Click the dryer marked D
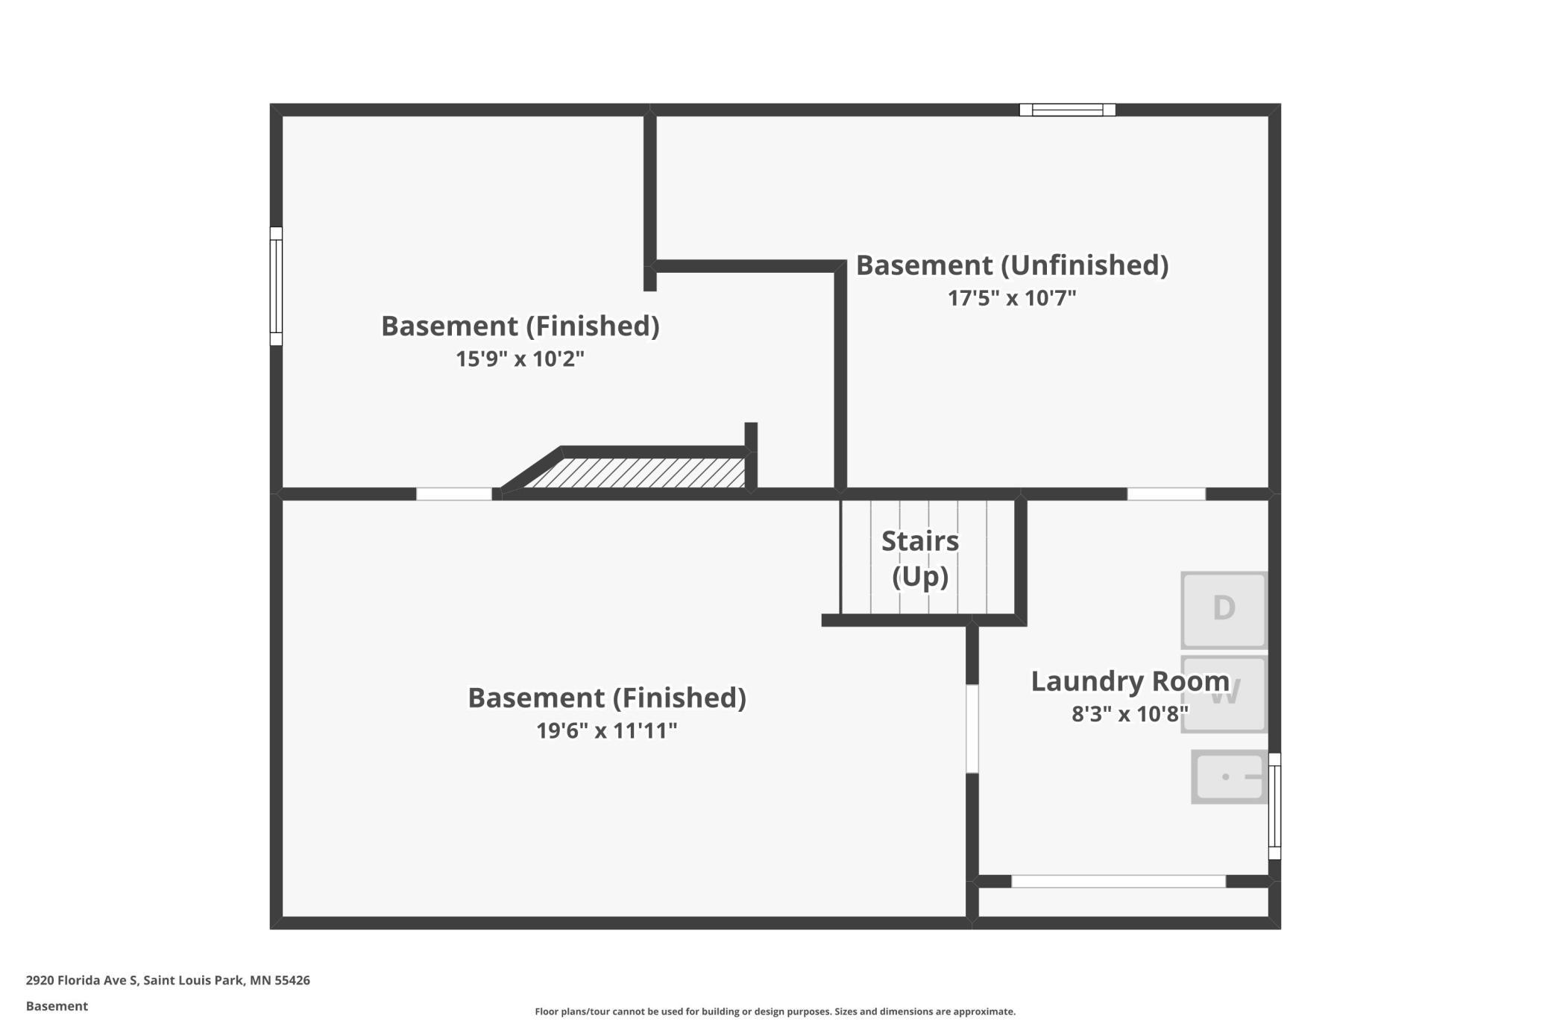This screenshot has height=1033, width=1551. [x=1224, y=610]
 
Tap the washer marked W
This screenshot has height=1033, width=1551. [x=1224, y=694]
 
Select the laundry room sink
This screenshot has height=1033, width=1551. [x=1230, y=777]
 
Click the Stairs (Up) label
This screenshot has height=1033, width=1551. [x=920, y=559]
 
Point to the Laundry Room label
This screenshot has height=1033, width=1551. [x=1130, y=680]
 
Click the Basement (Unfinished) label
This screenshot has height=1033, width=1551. [x=1012, y=265]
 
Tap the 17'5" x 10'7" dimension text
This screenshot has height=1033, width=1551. [x=1012, y=298]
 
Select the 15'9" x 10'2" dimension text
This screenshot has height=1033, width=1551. [x=520, y=359]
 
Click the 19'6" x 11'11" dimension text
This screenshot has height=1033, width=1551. [x=606, y=730]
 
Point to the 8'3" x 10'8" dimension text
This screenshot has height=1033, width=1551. [x=1130, y=714]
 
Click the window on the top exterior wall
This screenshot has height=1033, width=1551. [x=1067, y=110]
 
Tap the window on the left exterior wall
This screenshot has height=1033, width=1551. [x=276, y=286]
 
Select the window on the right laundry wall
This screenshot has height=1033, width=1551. [x=1274, y=806]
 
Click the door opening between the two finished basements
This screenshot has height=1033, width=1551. [x=453, y=494]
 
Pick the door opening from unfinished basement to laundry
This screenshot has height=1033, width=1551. [x=1166, y=494]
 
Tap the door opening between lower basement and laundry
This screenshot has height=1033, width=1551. [x=972, y=729]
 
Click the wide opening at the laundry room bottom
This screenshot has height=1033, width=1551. [x=1118, y=882]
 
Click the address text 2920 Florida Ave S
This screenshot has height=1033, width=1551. [x=82, y=980]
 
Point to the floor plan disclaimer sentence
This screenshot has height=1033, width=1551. [x=775, y=1011]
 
